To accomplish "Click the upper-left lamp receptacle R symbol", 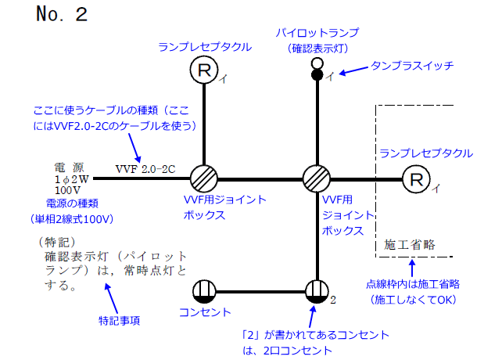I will point(204,71).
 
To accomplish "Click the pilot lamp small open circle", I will point(317,63).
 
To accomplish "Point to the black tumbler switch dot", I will point(317,75).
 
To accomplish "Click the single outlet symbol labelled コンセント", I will point(204,290).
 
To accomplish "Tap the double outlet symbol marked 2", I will point(317,290).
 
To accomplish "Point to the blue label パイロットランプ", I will point(317,33).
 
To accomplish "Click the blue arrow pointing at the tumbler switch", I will point(355,71).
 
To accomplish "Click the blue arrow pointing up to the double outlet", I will point(314,316).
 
